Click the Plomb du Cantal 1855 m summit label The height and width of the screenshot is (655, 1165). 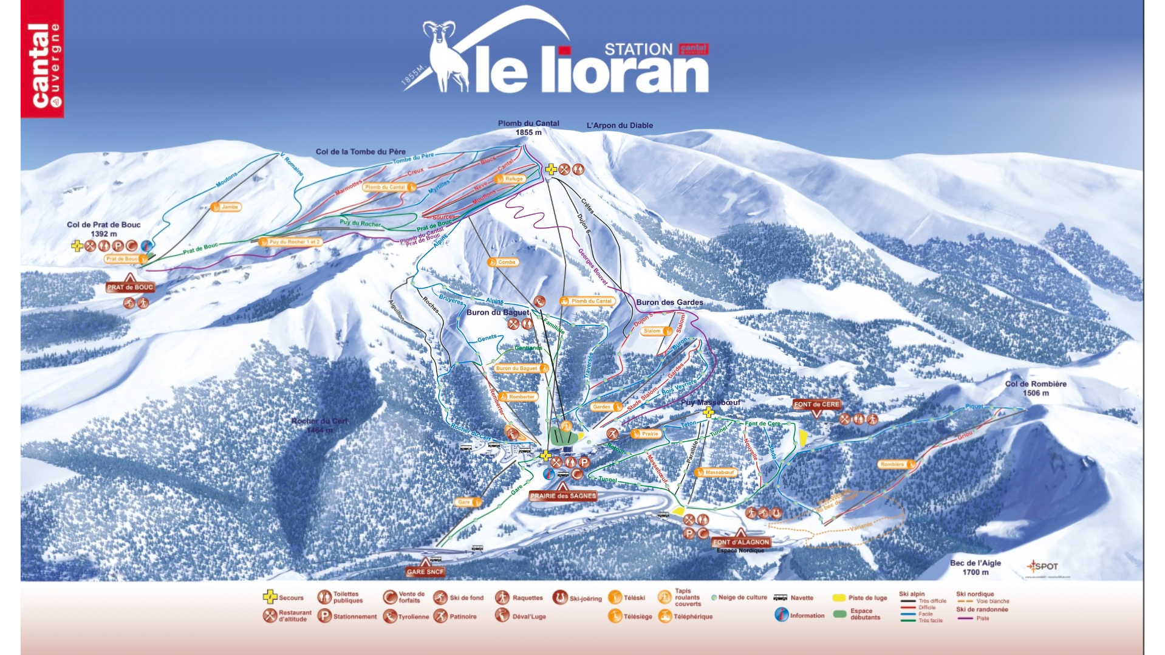click(528, 128)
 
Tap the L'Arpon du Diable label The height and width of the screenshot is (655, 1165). click(620, 126)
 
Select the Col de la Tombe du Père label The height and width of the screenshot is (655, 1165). click(360, 152)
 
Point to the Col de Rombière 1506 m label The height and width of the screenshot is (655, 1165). click(1036, 388)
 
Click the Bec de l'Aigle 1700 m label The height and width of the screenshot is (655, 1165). click(975, 568)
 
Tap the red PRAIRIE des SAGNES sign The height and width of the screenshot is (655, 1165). click(563, 496)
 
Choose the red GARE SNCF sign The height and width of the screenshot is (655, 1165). click(425, 572)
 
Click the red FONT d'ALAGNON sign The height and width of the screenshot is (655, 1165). click(741, 542)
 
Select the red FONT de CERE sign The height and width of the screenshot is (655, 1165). click(816, 405)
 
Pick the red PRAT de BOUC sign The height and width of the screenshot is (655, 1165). click(130, 287)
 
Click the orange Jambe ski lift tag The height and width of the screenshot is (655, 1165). click(227, 207)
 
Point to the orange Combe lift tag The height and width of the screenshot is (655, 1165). click(503, 262)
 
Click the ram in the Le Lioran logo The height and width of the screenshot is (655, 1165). click(446, 55)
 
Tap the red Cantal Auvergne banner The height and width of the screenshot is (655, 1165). click(42, 59)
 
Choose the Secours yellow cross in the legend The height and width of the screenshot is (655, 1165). click(270, 597)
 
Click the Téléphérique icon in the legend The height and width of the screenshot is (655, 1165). click(664, 616)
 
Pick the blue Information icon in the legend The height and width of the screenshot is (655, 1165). click(781, 615)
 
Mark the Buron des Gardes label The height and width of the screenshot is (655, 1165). click(669, 303)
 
